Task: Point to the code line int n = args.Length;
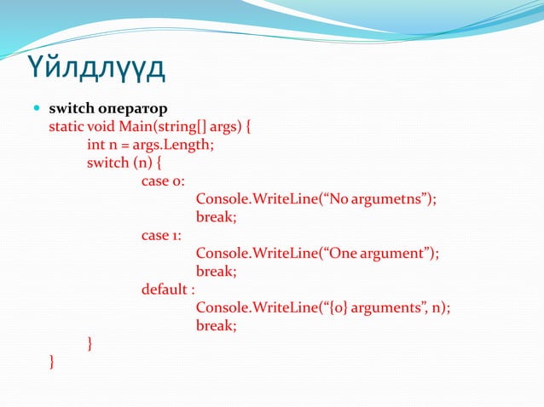point(150,145)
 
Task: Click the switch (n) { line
point(124,163)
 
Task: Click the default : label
point(168,289)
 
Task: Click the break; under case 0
point(216,217)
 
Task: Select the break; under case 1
point(216,272)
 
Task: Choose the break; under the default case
point(216,325)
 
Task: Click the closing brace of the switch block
point(90,344)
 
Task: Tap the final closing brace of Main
point(53,362)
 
